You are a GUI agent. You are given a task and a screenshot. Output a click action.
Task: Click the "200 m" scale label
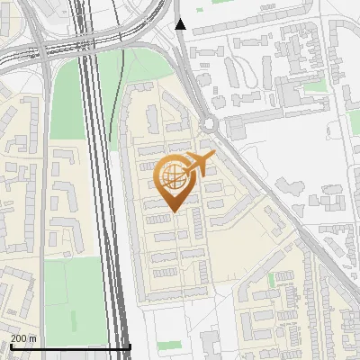point(23,338)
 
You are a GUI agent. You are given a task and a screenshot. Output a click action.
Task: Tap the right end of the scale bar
point(130,346)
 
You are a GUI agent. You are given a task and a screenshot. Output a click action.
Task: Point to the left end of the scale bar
point(10,346)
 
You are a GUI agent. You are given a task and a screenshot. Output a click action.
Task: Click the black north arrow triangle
point(181,24)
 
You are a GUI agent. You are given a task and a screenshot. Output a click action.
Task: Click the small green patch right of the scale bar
point(168,345)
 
